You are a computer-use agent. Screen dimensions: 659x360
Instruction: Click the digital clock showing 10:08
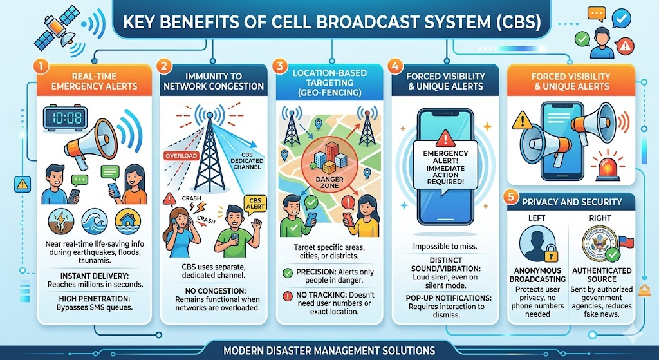click(x=65, y=117)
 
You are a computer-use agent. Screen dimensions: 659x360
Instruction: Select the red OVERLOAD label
click(x=181, y=156)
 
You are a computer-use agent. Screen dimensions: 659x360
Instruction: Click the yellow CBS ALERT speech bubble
click(x=255, y=204)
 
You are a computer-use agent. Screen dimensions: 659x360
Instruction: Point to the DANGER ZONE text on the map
click(x=329, y=183)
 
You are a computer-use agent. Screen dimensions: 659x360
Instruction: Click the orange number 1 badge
click(x=41, y=66)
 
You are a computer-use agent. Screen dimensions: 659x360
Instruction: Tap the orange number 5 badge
click(x=510, y=197)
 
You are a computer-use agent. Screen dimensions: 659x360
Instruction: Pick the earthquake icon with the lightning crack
click(x=61, y=221)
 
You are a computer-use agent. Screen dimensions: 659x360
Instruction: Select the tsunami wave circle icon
click(x=94, y=221)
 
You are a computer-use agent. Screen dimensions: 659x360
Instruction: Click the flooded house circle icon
click(x=128, y=221)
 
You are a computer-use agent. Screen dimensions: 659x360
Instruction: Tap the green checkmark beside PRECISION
click(x=288, y=273)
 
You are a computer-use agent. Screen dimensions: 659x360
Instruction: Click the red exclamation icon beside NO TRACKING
click(x=288, y=296)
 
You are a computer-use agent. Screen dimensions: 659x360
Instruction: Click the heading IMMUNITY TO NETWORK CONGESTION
click(x=214, y=82)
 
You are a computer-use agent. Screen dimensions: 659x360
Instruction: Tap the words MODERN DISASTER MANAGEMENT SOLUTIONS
click(x=329, y=350)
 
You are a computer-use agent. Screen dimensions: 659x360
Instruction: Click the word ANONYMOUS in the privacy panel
click(x=537, y=270)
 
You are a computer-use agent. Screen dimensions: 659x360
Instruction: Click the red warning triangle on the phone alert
click(x=445, y=138)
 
